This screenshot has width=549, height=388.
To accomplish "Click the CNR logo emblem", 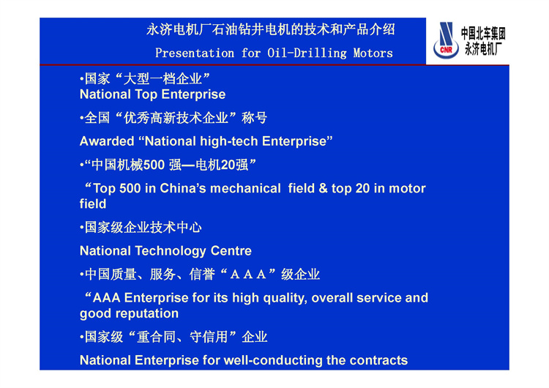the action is coord(446,40).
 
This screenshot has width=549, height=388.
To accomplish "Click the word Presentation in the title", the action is coord(195,53).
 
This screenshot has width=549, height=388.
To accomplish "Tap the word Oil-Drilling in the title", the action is coord(307,53).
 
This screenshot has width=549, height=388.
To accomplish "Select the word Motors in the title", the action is coord(373,53).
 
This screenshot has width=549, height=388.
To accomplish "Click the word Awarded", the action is coord(107,141).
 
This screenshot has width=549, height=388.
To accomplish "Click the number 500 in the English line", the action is coord(130,188).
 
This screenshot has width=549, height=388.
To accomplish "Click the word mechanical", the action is coord(245,188).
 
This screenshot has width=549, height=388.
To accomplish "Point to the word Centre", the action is coord(231,251).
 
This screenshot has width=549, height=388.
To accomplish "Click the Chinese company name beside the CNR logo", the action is coord(483,40).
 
